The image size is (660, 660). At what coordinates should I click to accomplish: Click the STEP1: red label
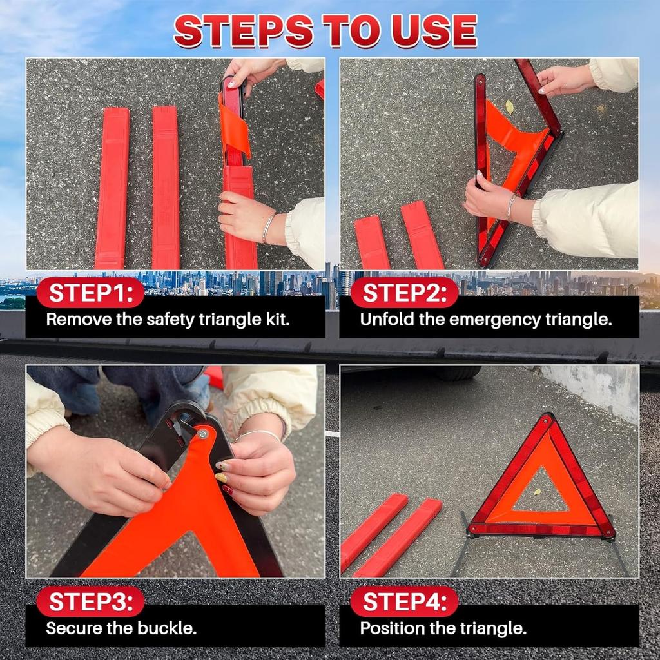tap(90, 293)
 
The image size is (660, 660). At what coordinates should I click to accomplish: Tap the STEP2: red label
tap(404, 293)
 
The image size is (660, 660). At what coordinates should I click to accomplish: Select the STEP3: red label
tap(90, 602)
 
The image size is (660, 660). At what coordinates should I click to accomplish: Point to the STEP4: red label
tap(404, 602)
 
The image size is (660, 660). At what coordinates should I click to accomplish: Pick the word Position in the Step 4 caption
tap(390, 628)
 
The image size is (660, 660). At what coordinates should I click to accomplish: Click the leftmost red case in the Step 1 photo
tap(112, 187)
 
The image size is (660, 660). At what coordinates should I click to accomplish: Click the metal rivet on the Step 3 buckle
tap(203, 434)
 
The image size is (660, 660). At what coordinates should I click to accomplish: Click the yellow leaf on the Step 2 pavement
tap(509, 106)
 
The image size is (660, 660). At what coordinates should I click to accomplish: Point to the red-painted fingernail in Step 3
tap(227, 490)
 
